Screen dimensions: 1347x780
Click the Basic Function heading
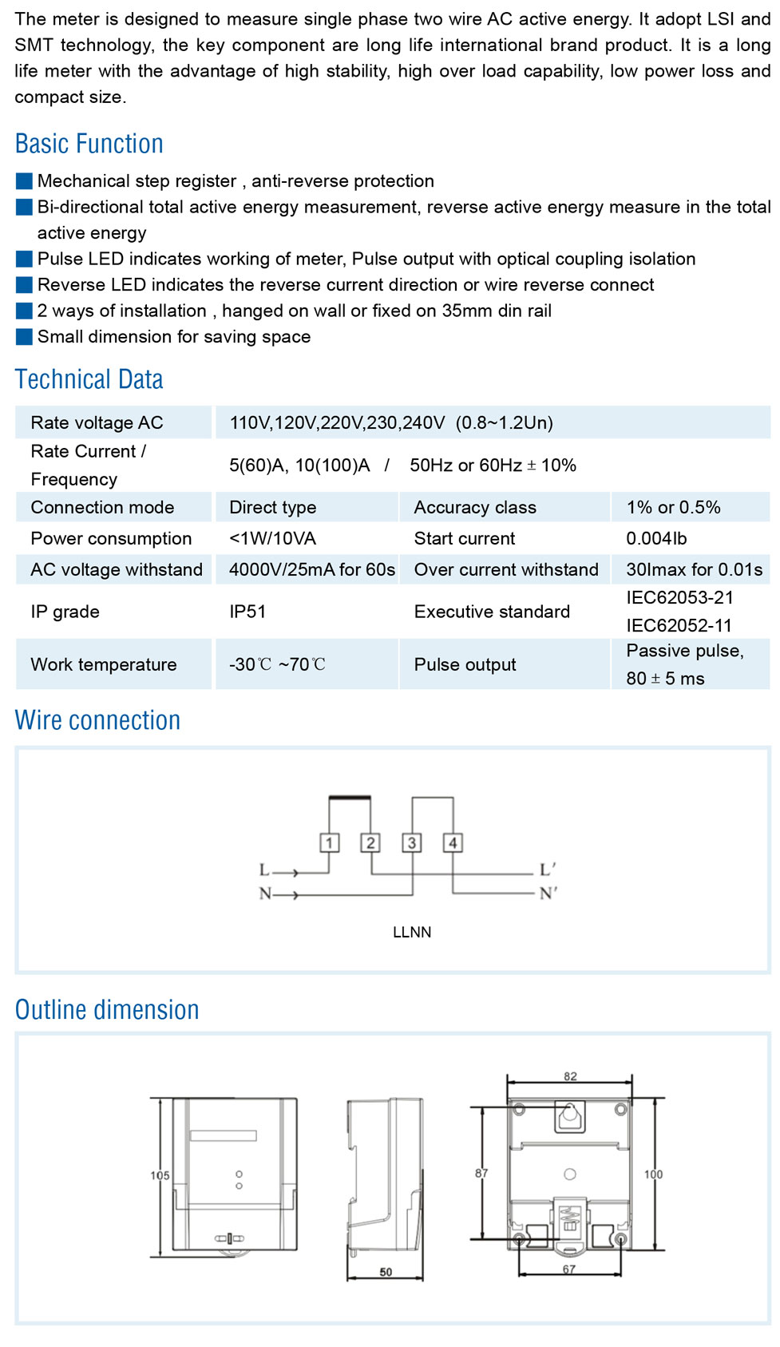click(x=89, y=144)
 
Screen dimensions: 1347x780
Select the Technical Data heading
click(x=89, y=379)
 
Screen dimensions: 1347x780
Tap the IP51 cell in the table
click(x=247, y=612)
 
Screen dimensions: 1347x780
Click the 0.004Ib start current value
click(x=656, y=538)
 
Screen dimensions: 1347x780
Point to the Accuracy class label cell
click(x=474, y=507)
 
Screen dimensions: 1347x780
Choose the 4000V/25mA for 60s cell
click(x=311, y=569)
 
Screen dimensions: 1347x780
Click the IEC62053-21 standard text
click(x=679, y=597)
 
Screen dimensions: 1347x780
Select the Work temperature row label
click(x=104, y=664)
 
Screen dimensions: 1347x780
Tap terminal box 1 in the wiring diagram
click(x=329, y=842)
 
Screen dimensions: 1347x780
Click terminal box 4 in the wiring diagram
click(x=453, y=842)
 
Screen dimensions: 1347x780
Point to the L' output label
click(x=548, y=870)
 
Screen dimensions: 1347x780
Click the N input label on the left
click(x=265, y=893)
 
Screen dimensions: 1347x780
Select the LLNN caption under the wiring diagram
click(x=412, y=932)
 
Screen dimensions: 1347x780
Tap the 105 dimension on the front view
click(x=160, y=1175)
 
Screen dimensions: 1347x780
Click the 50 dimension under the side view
click(x=386, y=1272)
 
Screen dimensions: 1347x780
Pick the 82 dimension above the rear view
click(x=570, y=1076)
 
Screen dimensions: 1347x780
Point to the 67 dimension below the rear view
click(x=568, y=1269)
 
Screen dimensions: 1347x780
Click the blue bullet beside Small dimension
click(x=24, y=337)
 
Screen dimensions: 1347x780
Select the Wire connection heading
click(x=97, y=720)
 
